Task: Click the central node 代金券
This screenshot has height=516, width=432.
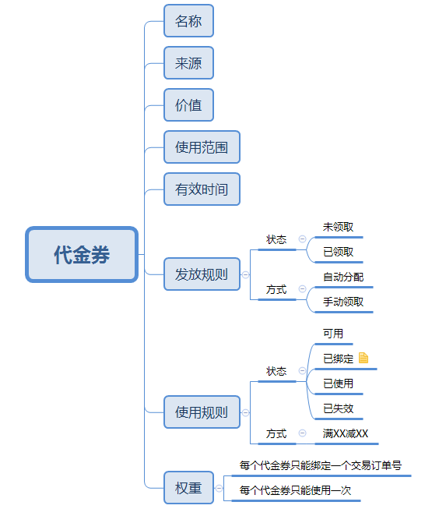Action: point(82,254)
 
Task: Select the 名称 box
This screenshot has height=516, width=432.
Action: point(188,21)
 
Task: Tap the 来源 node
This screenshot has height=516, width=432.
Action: point(188,63)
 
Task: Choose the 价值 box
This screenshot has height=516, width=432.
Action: point(188,104)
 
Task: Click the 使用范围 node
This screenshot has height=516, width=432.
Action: point(202,147)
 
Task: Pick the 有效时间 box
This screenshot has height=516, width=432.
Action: point(202,189)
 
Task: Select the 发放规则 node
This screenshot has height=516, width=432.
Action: point(202,274)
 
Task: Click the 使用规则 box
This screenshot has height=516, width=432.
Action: point(202,412)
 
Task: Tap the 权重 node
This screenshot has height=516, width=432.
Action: point(188,488)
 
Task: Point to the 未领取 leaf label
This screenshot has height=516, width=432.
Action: point(338,227)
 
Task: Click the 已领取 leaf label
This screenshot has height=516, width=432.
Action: point(338,252)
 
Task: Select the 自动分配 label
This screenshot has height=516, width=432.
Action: point(343,277)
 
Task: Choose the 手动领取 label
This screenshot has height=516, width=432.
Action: point(343,302)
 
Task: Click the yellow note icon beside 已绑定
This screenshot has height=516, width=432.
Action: point(364,359)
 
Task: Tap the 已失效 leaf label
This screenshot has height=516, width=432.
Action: point(338,408)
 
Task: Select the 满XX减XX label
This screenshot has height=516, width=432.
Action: point(346,433)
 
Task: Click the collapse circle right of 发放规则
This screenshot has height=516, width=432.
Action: point(246,274)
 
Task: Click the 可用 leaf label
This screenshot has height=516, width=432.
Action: point(333,334)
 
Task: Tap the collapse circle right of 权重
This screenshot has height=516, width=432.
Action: point(220,488)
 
